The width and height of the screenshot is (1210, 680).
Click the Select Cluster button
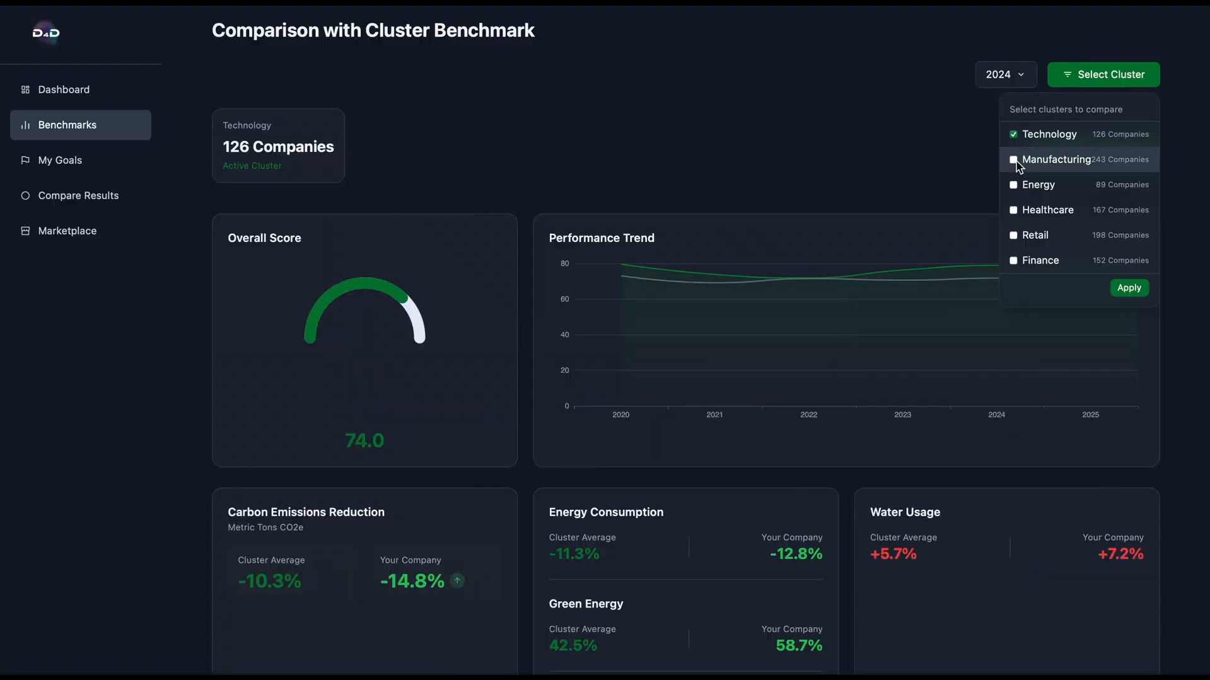[1103, 74]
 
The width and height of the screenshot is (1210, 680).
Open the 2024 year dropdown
[1006, 74]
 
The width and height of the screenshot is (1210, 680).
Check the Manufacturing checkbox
[1013, 159]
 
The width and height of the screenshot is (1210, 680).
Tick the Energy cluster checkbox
[1013, 185]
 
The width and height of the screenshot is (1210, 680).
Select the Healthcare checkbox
[1013, 210]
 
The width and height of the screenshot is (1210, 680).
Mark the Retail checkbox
[1013, 235]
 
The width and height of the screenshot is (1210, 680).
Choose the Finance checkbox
[1013, 260]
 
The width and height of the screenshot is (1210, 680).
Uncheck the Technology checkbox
[1013, 134]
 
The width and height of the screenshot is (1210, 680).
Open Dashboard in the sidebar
[64, 89]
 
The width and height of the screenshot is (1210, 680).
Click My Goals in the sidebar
[60, 160]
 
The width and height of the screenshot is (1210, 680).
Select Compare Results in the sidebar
[78, 195]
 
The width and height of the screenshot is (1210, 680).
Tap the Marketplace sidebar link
[67, 231]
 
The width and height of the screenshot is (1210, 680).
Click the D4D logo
[46, 33]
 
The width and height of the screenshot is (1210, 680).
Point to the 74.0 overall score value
[364, 441]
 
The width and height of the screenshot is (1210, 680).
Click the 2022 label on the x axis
[808, 415]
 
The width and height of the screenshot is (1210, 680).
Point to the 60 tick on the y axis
[564, 299]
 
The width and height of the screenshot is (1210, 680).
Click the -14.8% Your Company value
[412, 581]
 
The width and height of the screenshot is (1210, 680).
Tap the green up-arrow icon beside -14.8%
[458, 580]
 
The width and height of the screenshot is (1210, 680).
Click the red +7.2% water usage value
[1120, 554]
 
